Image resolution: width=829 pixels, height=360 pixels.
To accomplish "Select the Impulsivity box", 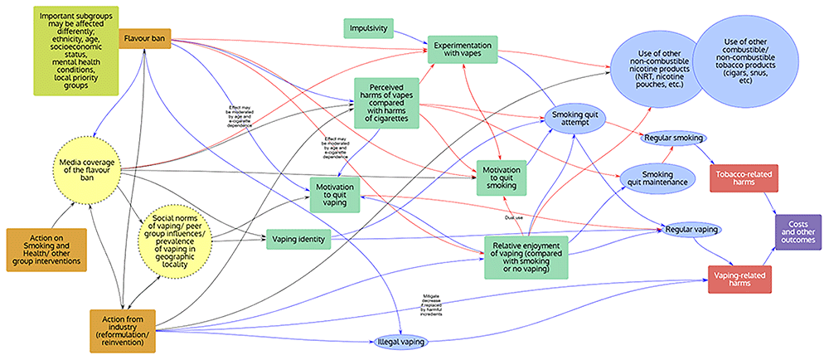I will point(369,27).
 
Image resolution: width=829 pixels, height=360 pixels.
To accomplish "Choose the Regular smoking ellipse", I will point(673,136).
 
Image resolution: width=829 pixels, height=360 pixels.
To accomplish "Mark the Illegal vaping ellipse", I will point(401,341).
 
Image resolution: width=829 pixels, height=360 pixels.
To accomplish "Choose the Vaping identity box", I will point(298,241).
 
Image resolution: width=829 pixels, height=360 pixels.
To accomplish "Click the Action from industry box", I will point(126,328).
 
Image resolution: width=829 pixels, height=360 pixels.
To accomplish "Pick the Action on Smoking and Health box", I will point(47,249).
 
